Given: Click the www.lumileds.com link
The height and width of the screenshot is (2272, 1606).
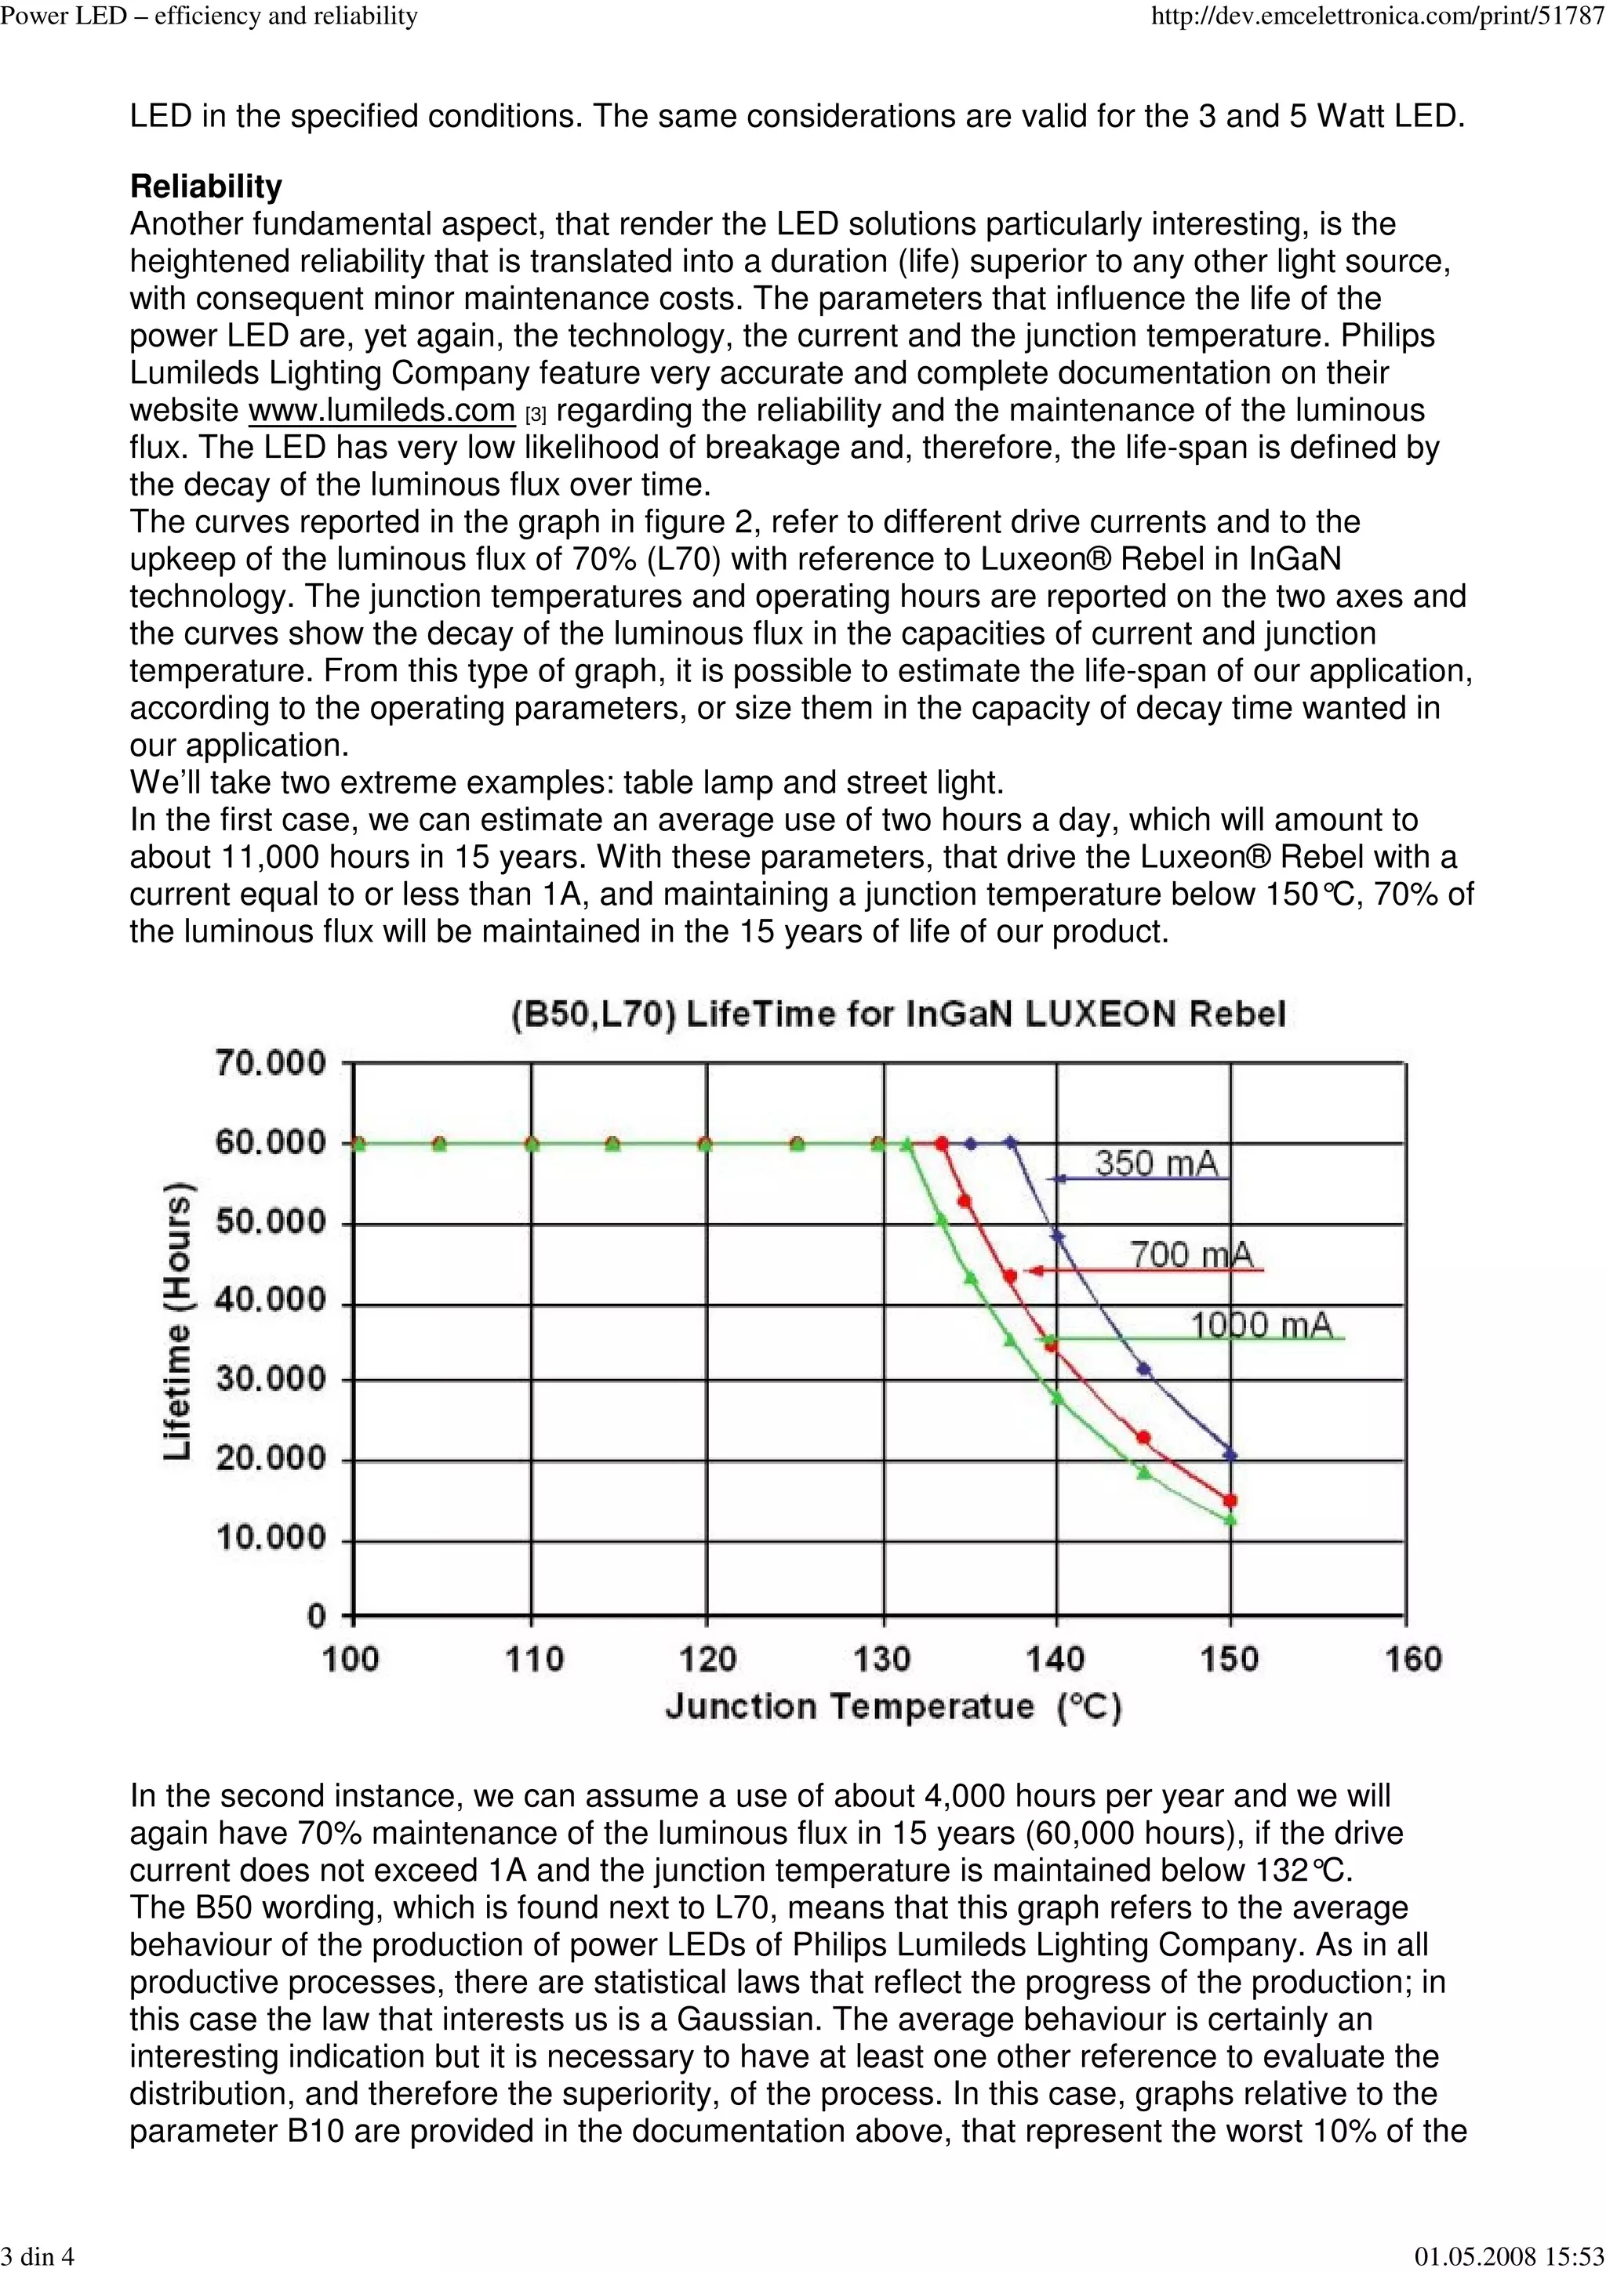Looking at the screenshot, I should click(x=381, y=411).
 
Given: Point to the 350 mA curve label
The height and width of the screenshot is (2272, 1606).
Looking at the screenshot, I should click(x=1155, y=1162).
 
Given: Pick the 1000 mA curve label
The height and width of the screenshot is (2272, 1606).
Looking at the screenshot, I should click(x=1261, y=1324).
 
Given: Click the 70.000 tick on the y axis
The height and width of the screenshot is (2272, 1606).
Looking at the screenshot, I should click(x=270, y=1064).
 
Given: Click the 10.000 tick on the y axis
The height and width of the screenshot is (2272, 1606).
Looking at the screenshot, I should click(x=270, y=1537).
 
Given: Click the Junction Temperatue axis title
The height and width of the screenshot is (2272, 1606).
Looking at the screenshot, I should click(x=892, y=1707).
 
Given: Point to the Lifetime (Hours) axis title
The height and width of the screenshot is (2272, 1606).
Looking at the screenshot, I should click(x=177, y=1321).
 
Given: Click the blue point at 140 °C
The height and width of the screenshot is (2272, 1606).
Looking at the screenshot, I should click(x=1057, y=1236).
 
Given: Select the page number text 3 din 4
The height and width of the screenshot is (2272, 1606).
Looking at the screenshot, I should click(x=38, y=2256).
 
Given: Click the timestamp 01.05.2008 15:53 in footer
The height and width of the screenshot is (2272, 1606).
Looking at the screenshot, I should click(x=1509, y=2256).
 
